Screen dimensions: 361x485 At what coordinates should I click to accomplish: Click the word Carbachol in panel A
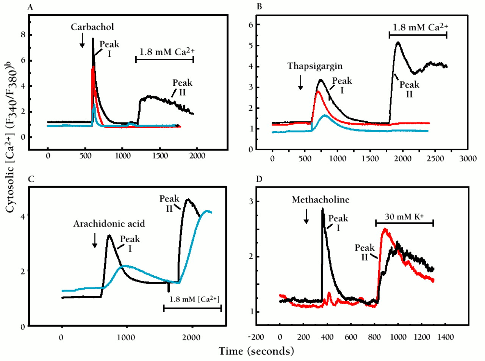click(x=87, y=28)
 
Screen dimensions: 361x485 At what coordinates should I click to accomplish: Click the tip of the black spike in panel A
click(x=93, y=38)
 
